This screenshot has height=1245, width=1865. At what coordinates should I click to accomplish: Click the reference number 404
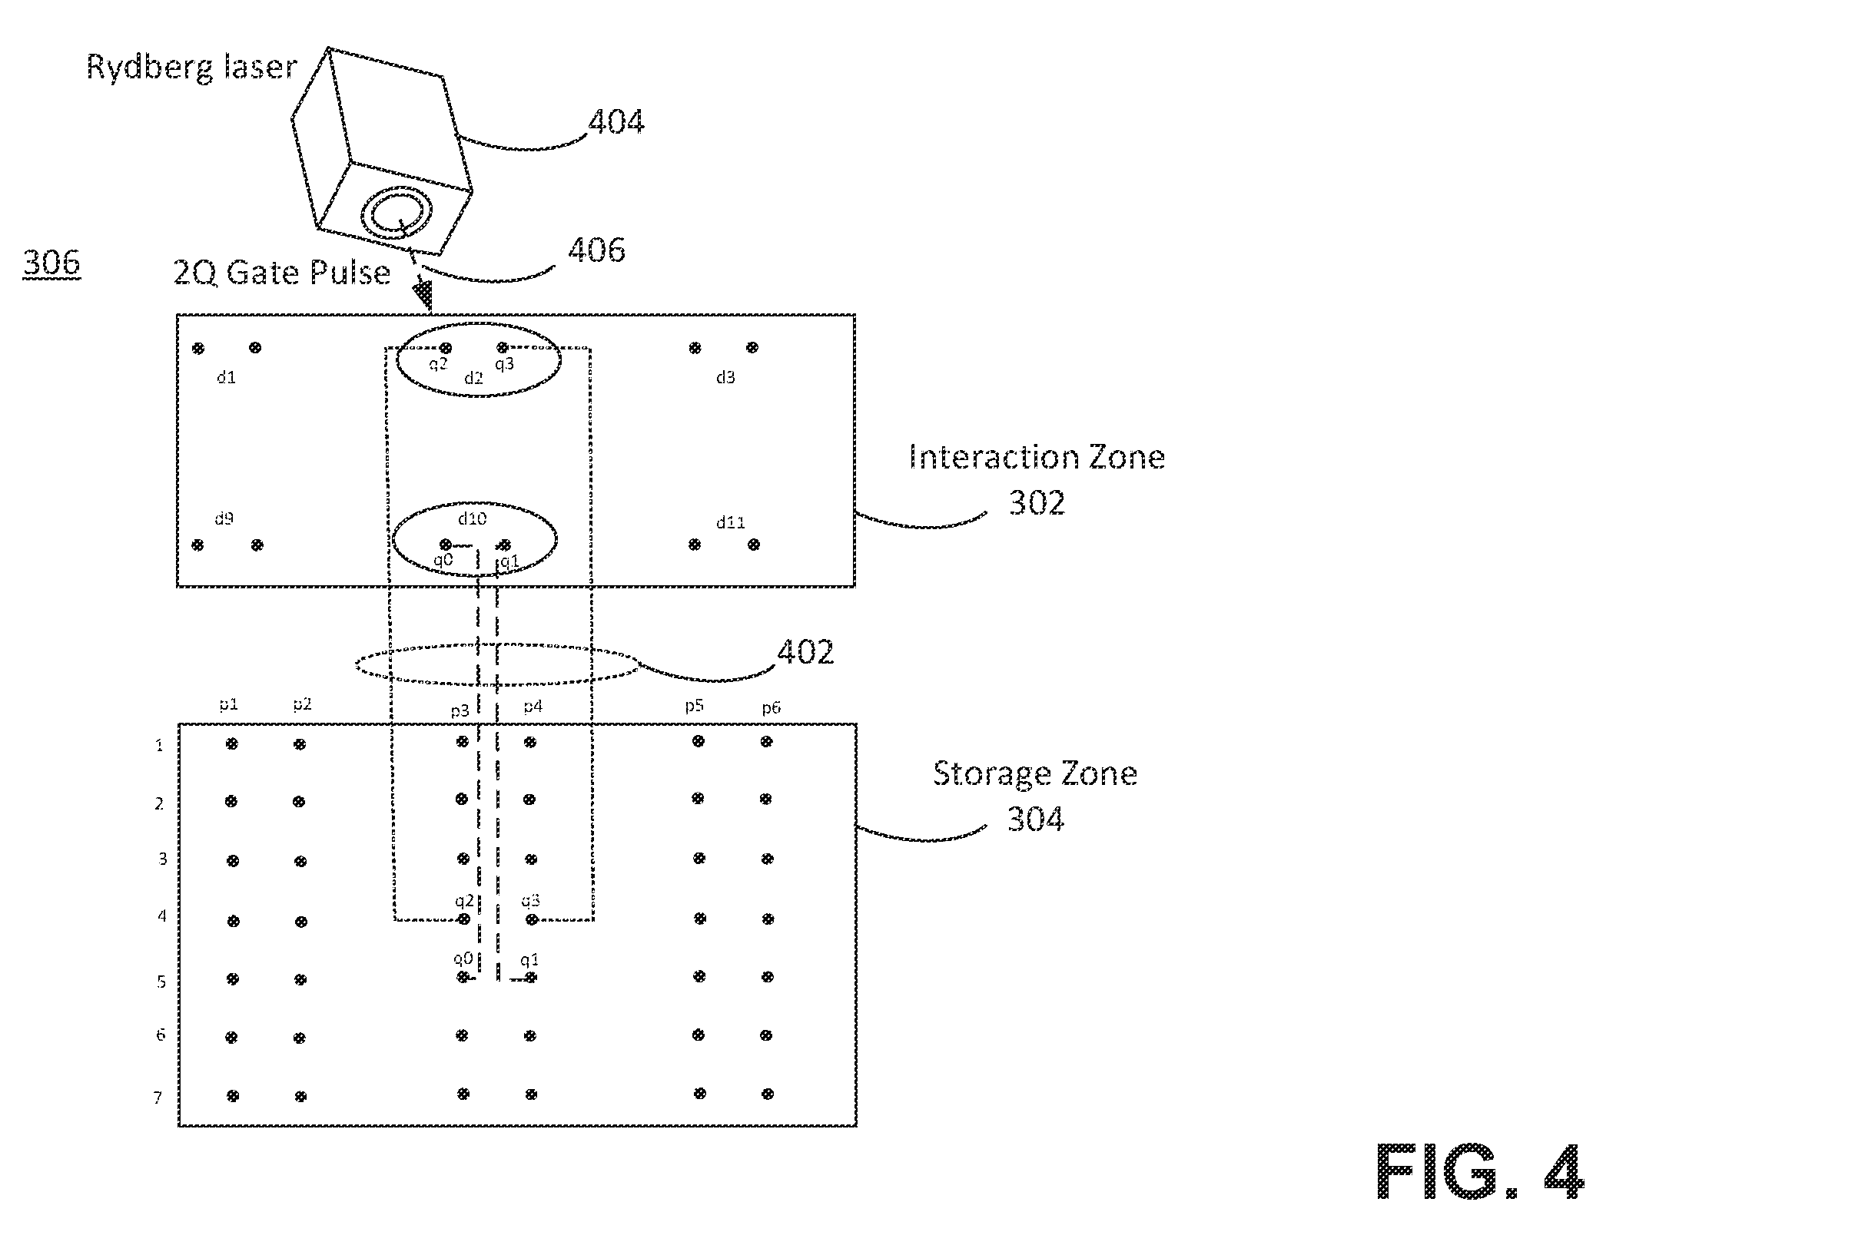coord(616,122)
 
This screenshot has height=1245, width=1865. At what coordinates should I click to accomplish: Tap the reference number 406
coord(596,250)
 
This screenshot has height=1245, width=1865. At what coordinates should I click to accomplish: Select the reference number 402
coord(805,652)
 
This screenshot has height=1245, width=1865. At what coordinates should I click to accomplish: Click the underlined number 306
coord(51,263)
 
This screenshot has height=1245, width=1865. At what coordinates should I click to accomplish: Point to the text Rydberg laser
coord(191,67)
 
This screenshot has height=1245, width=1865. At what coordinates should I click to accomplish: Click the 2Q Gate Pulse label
coord(282,273)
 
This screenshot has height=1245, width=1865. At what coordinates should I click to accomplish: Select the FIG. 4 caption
coord(1480,1171)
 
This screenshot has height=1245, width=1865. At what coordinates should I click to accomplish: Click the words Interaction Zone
coord(1037,457)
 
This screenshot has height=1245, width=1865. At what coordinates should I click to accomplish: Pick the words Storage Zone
coord(1035,773)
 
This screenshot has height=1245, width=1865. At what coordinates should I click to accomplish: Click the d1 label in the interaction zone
coord(227,377)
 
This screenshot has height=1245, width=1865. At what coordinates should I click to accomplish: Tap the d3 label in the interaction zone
coord(725,377)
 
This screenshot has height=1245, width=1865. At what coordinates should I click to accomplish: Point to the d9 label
coord(224,518)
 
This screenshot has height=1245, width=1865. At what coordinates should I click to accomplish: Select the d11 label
coord(731,522)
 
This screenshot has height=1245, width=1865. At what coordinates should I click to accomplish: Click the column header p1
coord(229,704)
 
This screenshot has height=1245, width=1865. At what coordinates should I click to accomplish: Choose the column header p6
coord(772,707)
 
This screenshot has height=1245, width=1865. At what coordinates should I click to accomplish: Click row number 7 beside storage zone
coord(158,1098)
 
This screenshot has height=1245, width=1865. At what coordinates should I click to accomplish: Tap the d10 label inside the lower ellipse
coord(472,518)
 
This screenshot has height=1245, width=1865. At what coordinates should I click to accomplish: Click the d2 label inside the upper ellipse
coord(473,378)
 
